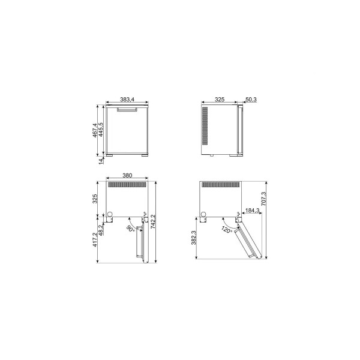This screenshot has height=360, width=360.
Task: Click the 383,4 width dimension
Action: pos(127,100)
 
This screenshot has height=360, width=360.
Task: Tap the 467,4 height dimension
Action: pos(95,130)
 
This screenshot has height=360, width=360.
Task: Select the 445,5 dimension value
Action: pos(101,130)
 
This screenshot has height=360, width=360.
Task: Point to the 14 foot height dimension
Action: pos(101,161)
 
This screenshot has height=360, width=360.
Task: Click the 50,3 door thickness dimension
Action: pos(251,100)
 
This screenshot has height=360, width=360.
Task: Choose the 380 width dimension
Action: pos(127,175)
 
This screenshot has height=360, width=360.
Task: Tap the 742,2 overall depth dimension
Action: pos(153,221)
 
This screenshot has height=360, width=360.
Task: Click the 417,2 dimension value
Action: pos(95,239)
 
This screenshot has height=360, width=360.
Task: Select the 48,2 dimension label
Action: pos(101,230)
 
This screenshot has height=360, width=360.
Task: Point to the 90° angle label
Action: pos(130,229)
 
